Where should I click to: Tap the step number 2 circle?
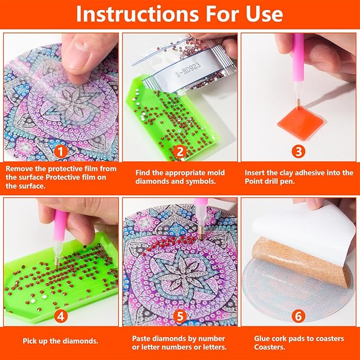click(180, 151)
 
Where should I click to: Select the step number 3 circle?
click(300, 151)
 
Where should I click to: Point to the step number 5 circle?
click(180, 317)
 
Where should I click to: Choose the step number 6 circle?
click(300, 317)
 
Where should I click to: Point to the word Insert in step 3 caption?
click(257, 173)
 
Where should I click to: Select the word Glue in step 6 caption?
click(254, 338)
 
